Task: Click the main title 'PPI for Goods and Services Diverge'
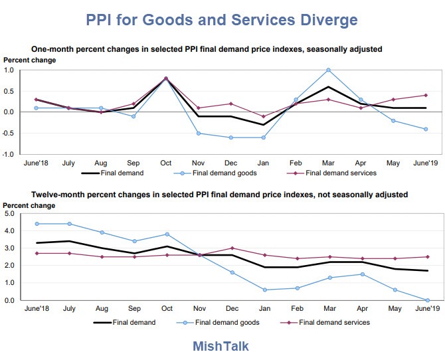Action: [x=222, y=20]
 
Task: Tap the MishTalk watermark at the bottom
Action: [x=221, y=346]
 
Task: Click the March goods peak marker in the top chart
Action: [x=328, y=70]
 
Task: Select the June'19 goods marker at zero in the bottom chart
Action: [x=428, y=300]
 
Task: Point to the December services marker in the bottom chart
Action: [x=232, y=248]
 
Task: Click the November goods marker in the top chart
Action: [x=199, y=134]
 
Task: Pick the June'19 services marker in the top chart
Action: [x=426, y=96]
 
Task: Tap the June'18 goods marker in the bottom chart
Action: [x=37, y=224]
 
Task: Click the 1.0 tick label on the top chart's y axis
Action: [x=9, y=70]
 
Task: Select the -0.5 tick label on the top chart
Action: [x=9, y=133]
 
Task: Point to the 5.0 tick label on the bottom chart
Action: [x=9, y=213]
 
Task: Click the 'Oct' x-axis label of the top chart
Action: [x=166, y=163]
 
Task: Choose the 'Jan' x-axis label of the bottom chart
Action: [x=264, y=308]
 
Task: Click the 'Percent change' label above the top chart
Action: [x=29, y=60]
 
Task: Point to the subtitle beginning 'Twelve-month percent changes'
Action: [x=219, y=195]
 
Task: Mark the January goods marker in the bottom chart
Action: [x=265, y=290]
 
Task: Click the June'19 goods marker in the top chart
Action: [x=426, y=129]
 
